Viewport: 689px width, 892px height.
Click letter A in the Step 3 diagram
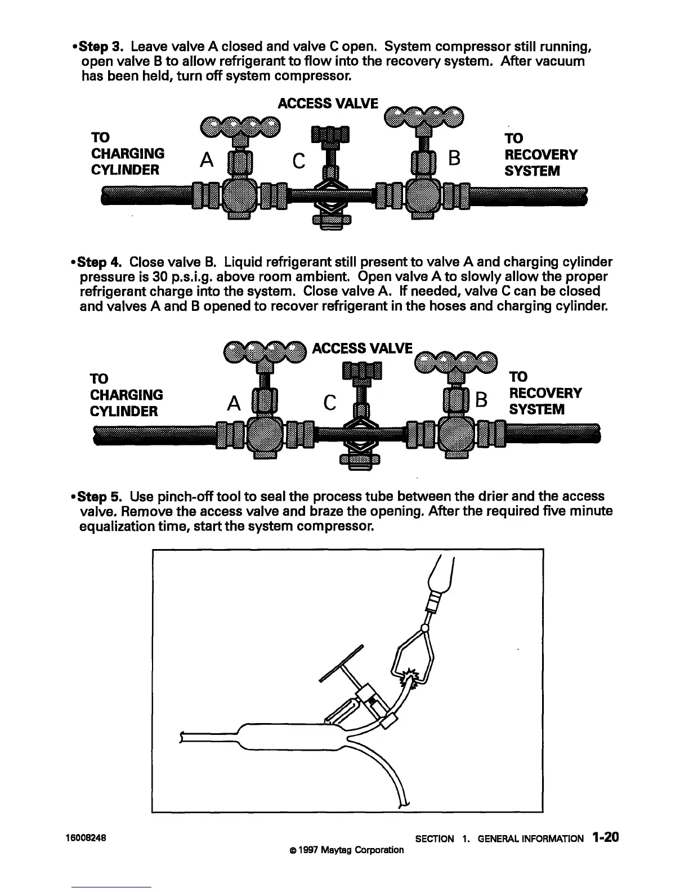pyautogui.click(x=207, y=161)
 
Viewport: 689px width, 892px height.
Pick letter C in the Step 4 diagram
pyautogui.click(x=330, y=403)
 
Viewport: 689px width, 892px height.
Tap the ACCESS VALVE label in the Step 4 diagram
pyautogui.click(x=362, y=348)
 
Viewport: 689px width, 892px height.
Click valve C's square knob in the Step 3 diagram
pyautogui.click(x=330, y=135)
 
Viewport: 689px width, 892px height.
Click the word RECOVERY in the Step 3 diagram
pyautogui.click(x=541, y=154)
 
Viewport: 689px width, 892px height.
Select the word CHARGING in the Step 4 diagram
pyautogui.click(x=127, y=394)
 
